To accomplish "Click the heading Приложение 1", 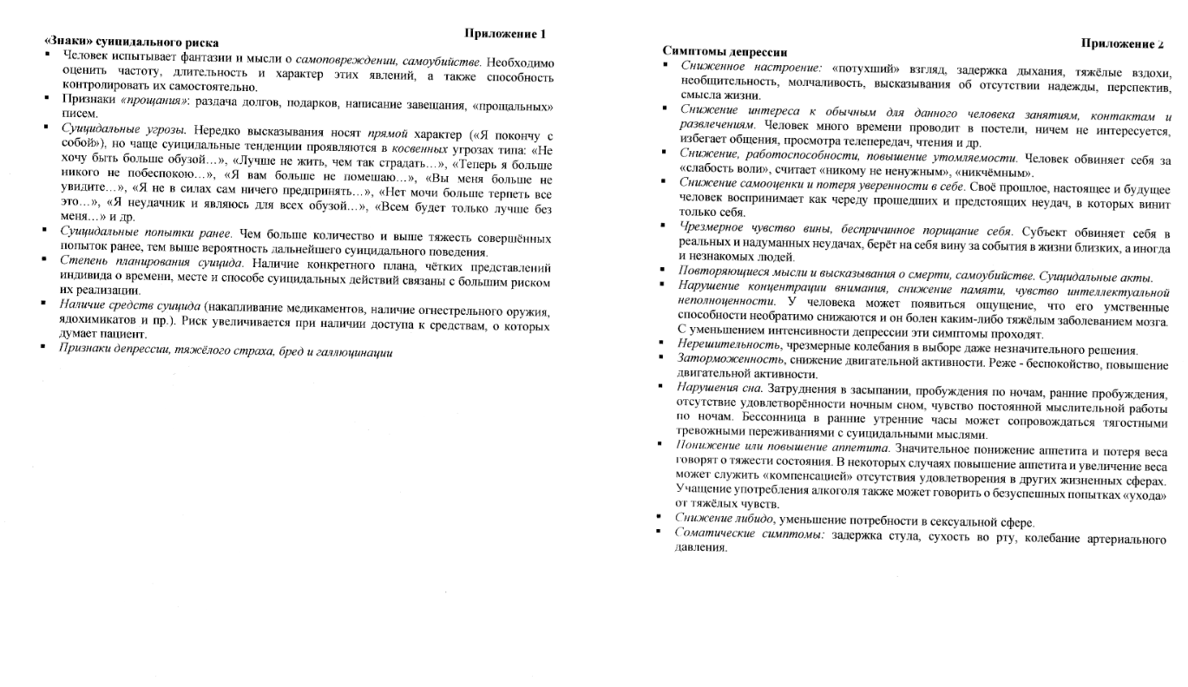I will pos(505,35).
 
